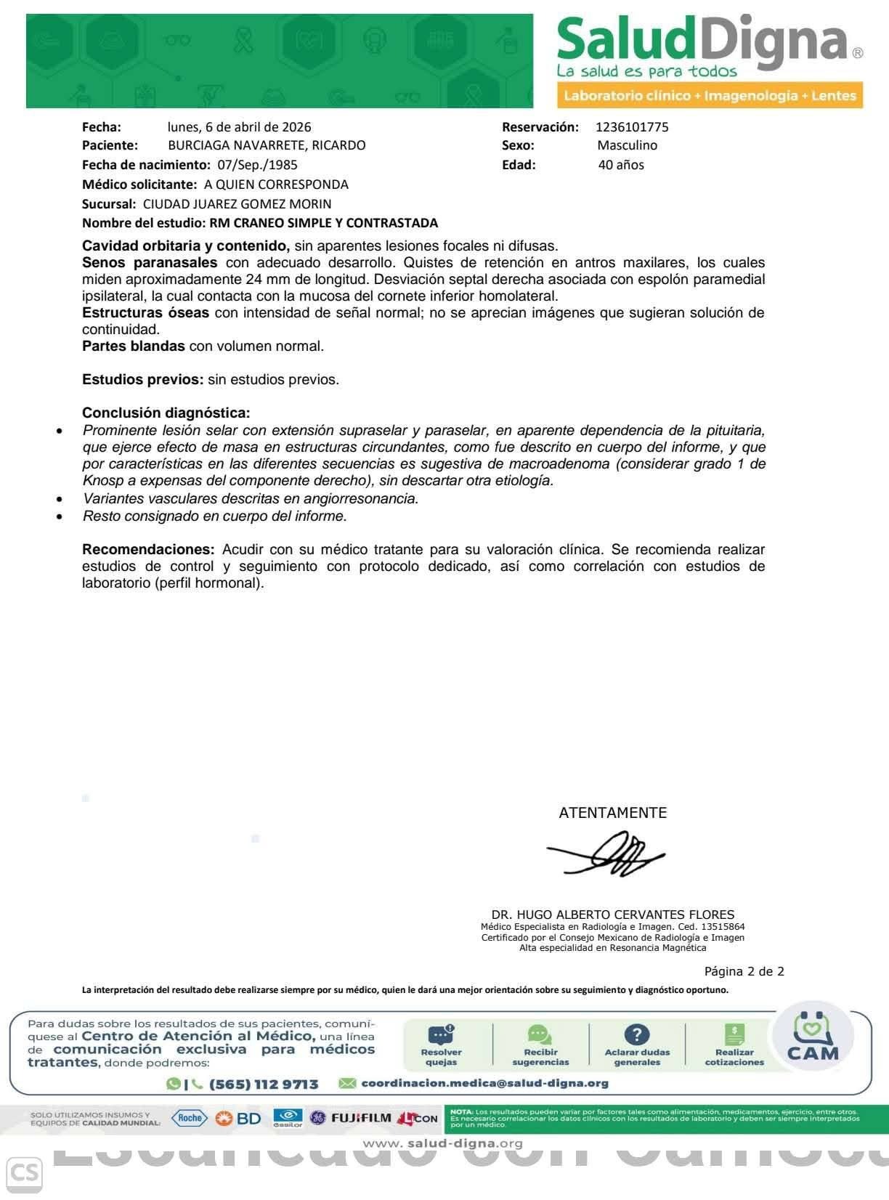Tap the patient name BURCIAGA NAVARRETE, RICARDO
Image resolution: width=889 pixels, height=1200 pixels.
[x=267, y=145]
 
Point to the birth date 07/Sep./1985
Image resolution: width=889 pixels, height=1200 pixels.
[x=257, y=165]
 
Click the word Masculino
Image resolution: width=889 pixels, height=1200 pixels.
[x=627, y=145]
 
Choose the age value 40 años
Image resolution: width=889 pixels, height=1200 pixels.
[x=620, y=165]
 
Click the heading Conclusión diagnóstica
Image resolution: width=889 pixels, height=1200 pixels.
[x=166, y=413]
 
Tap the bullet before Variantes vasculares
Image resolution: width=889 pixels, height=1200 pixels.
[x=60, y=500]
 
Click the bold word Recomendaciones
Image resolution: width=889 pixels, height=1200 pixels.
[x=148, y=549]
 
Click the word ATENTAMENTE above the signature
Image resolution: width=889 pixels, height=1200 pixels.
[x=612, y=813]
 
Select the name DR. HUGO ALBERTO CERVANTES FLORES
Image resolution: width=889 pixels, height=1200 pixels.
[x=612, y=915]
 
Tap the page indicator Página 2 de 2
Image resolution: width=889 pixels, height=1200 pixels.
[x=744, y=971]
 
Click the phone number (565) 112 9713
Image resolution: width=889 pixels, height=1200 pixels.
[x=263, y=1085]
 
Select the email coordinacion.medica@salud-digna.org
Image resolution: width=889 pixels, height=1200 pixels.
[x=484, y=1083]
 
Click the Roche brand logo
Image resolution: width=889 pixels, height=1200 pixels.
[x=190, y=1118]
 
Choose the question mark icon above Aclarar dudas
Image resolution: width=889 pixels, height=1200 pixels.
[x=637, y=1034]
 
